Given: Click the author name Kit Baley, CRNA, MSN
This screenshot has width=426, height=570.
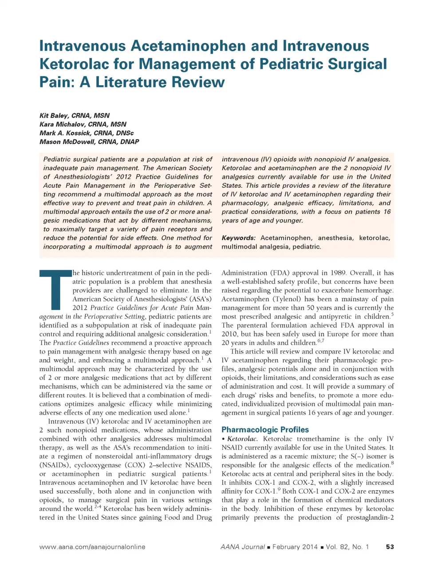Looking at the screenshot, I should (74, 115).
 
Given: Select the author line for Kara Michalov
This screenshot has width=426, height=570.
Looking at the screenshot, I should (83, 124).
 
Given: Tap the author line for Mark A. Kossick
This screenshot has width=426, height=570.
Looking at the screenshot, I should (86, 133).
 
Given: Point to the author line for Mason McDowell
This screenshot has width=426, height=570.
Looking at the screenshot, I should (89, 142).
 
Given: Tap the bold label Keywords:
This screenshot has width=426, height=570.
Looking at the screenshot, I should (238, 238).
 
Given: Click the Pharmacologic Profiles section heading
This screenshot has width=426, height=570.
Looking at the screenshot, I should (265, 430).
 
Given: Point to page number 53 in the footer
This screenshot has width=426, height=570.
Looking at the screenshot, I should (390, 547).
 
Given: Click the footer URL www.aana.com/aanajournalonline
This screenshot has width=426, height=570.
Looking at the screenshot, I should (92, 547).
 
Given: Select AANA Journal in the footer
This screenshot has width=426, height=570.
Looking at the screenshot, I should (242, 547).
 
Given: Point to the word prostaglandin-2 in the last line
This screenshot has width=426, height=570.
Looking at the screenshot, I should (370, 518).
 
